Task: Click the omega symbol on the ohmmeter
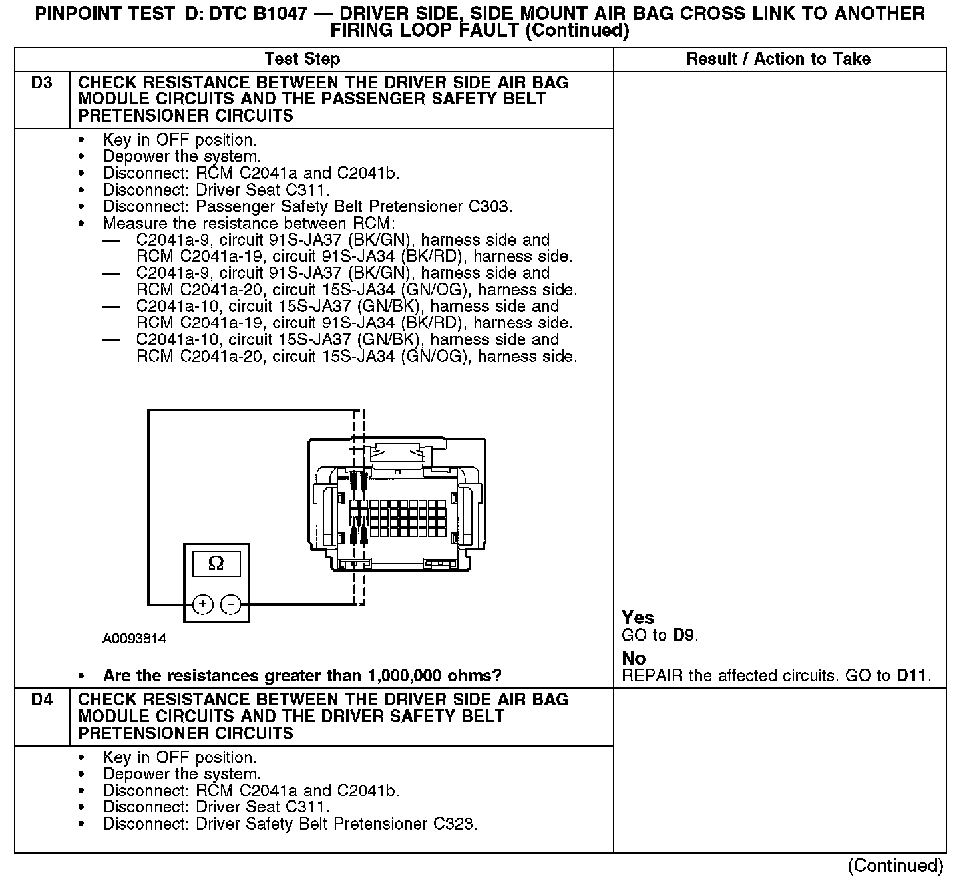(216, 564)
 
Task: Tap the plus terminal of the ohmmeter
(202, 604)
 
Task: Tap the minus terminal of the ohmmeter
(230, 604)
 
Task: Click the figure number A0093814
(134, 639)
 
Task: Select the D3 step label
(42, 83)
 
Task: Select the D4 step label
(42, 700)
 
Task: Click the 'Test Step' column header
(302, 59)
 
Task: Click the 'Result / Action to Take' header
(778, 59)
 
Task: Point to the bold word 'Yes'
(638, 618)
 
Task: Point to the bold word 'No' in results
(634, 658)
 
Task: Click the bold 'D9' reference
(684, 635)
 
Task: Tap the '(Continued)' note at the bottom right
(895, 866)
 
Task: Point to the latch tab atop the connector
(397, 452)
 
